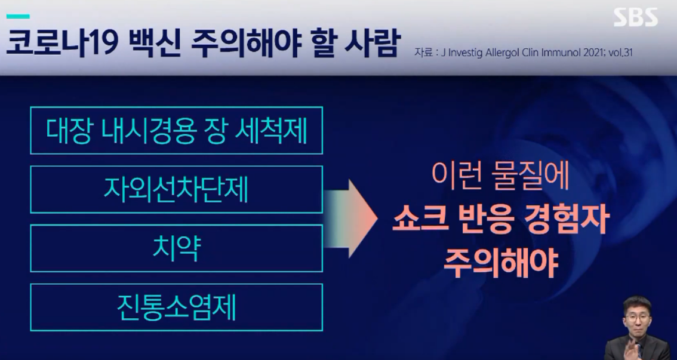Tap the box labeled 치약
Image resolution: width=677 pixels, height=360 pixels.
176,248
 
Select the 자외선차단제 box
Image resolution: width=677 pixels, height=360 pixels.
176,189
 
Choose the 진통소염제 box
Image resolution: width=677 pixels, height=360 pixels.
176,307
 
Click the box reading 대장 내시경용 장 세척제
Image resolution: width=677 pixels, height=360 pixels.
176,131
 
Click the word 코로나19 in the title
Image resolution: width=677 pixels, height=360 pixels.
57,45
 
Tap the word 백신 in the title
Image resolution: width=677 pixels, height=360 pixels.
150,45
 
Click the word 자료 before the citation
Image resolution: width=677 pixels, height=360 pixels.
422,53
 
